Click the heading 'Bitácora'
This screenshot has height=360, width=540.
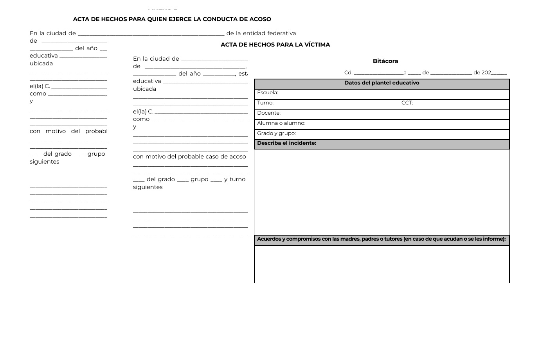point(385,61)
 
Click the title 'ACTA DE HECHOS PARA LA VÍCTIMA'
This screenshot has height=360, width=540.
point(275,45)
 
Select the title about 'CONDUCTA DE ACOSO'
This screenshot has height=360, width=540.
point(172,19)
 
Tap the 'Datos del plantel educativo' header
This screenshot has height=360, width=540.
point(382,83)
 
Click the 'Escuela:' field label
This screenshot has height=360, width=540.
point(268,93)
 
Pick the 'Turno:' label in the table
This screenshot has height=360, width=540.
point(265,103)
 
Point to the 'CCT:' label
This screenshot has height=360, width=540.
point(407,103)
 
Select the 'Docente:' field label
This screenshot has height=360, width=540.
point(269,113)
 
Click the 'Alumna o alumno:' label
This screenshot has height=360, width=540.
point(281,123)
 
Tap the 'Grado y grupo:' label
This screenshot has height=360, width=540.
point(276,133)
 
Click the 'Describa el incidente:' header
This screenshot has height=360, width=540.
point(286,143)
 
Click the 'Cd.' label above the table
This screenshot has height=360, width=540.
point(348,73)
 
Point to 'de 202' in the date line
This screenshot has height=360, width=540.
point(482,73)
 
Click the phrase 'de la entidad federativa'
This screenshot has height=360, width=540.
point(261,33)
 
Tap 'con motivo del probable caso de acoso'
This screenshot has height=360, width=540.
point(189,157)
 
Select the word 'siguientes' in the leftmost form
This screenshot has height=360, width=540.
point(45,162)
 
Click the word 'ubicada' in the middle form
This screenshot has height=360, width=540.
point(144,89)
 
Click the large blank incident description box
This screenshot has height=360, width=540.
point(382,192)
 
